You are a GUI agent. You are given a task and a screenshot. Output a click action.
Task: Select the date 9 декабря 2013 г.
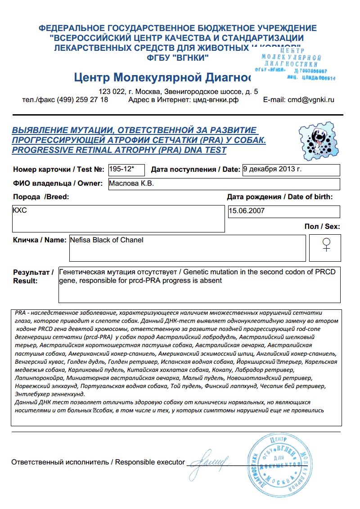[x=272, y=169]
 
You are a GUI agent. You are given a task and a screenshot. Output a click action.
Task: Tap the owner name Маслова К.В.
[x=131, y=183]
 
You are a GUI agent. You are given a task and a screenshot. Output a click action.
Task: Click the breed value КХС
[x=20, y=210]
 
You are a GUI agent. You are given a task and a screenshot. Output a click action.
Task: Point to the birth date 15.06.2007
[x=247, y=210]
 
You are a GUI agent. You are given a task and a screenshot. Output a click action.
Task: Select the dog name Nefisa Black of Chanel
[x=107, y=240]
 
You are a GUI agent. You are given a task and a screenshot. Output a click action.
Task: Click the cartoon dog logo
[x=317, y=139]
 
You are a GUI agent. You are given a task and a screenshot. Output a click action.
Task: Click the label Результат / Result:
[x=33, y=277]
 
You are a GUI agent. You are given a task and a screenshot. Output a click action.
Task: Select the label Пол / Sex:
[x=323, y=227]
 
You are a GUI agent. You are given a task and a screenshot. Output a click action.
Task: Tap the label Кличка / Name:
[x=40, y=240]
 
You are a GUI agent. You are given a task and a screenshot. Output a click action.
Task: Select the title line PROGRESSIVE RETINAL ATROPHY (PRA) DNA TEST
[x=119, y=150]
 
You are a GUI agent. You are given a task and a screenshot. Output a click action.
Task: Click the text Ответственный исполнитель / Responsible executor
[x=98, y=462]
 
